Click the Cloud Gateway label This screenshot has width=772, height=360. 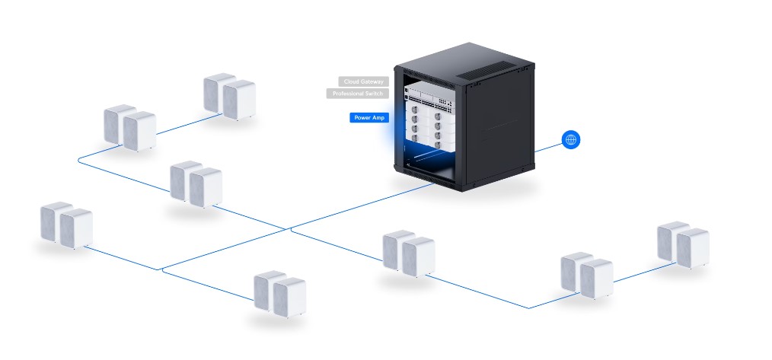tap(363, 81)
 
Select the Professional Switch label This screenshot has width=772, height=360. tap(357, 94)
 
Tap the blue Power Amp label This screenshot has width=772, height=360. tap(369, 118)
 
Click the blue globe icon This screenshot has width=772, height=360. tap(571, 140)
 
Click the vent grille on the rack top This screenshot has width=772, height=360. tap(485, 69)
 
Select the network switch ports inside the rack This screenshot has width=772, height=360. tap(429, 102)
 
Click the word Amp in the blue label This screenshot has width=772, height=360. tap(378, 118)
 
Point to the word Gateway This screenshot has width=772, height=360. tap(372, 81)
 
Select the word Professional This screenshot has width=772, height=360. tap(348, 94)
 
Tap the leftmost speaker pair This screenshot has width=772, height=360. tap(66, 225)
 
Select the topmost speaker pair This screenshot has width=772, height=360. tap(229, 97)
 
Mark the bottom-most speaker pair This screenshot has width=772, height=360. tap(279, 294)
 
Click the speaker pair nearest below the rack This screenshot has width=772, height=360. tap(409, 253)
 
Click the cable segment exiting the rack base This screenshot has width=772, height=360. tap(362, 206)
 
